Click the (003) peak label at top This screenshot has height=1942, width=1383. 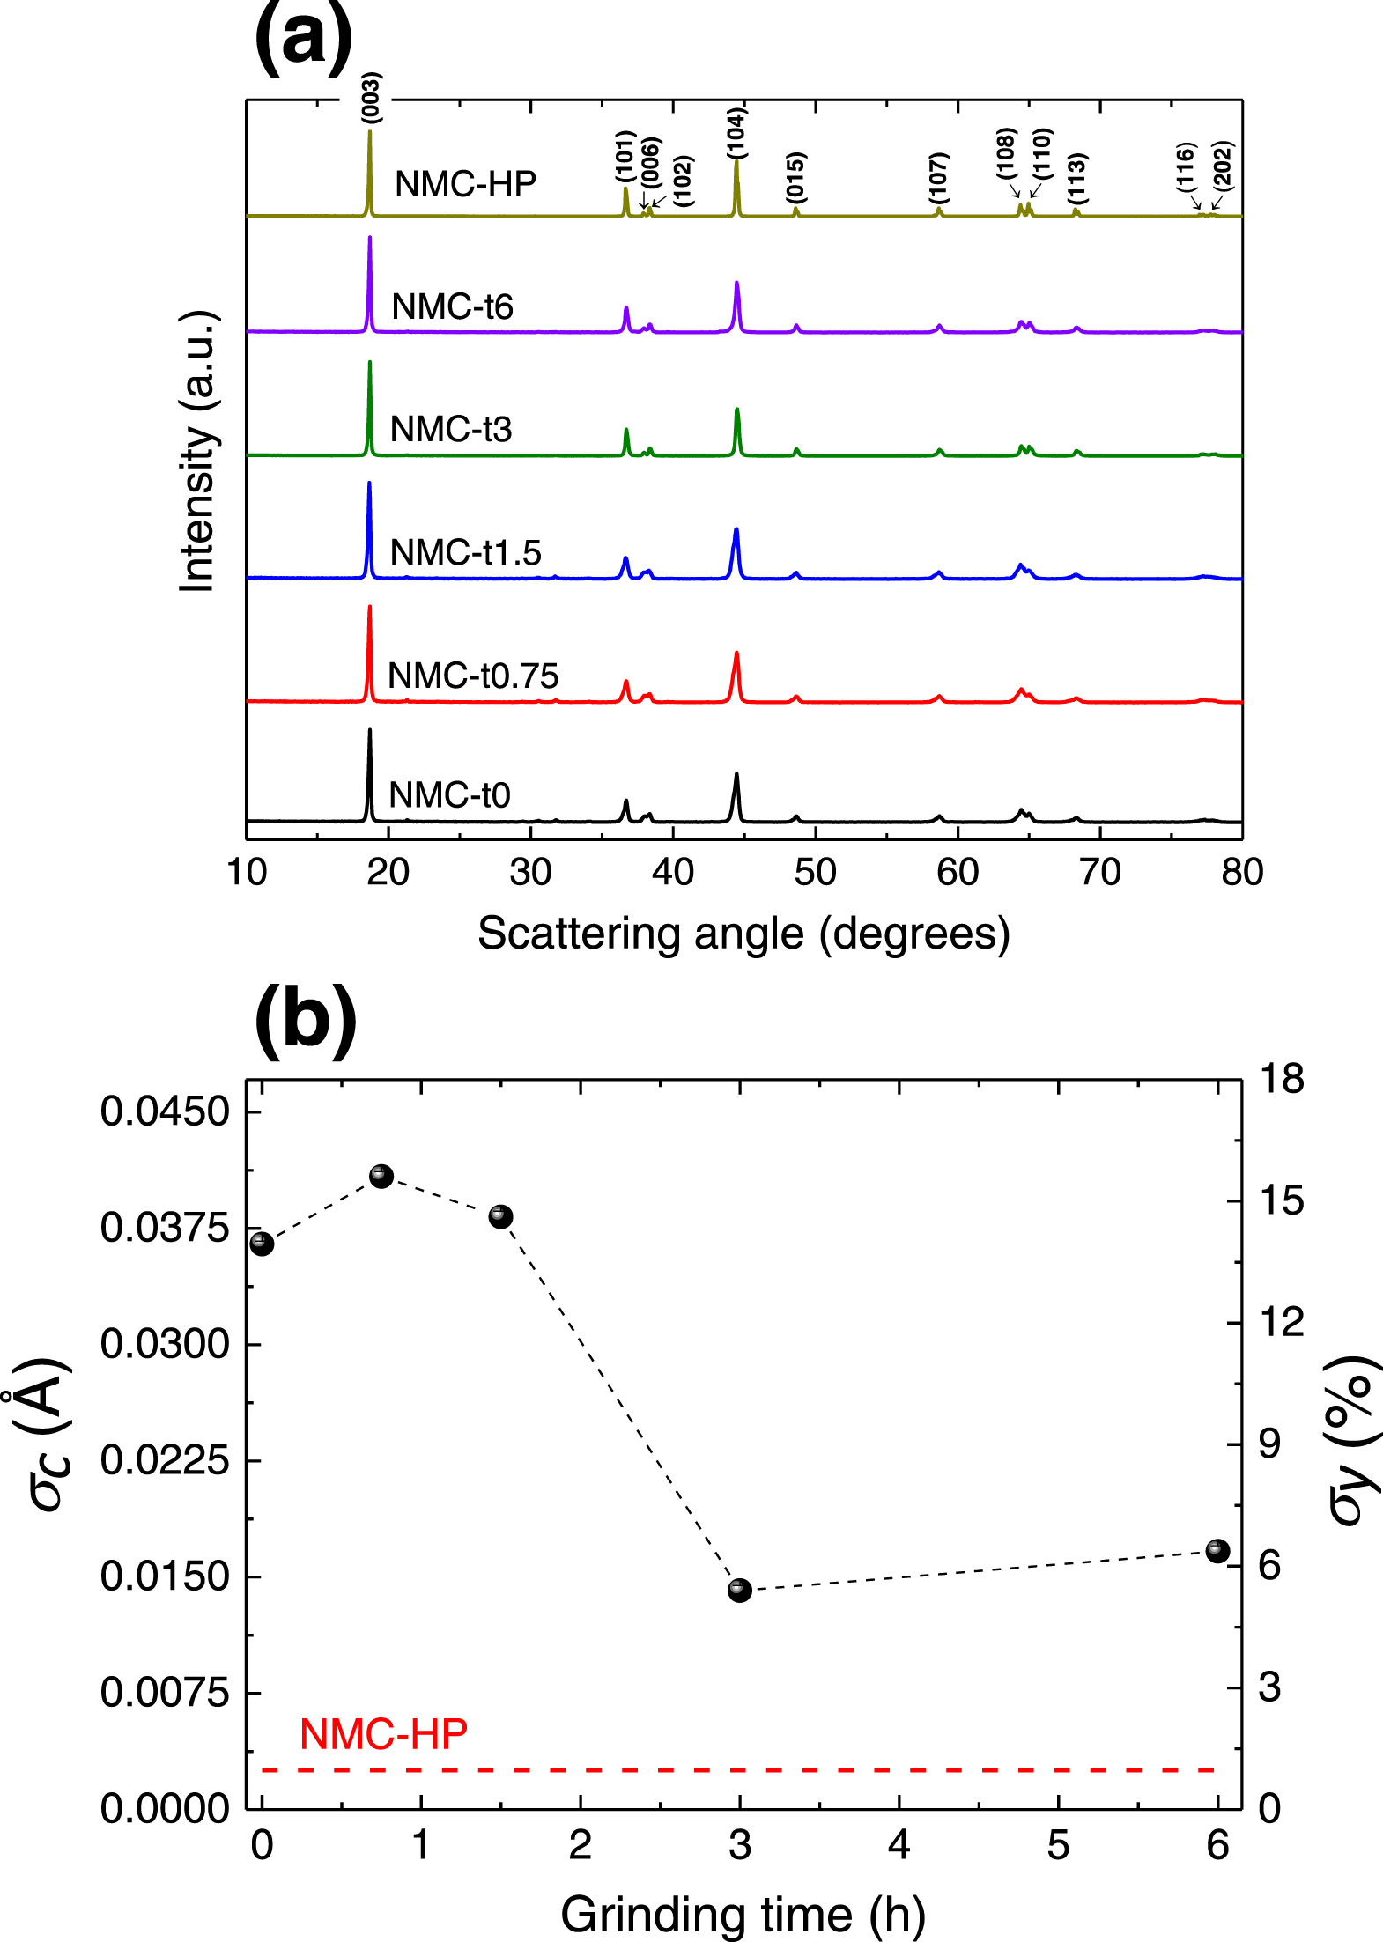point(371,97)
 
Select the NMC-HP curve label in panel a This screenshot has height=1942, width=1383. point(465,184)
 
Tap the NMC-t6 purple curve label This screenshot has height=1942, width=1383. point(452,306)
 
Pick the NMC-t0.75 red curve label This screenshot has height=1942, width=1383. point(473,676)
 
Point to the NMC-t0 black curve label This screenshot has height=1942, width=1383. point(449,795)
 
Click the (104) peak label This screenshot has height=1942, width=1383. point(736,133)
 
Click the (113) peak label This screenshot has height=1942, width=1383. point(1076,178)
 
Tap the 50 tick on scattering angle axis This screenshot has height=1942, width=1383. point(815,872)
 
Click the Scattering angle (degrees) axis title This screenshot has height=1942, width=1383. point(743,934)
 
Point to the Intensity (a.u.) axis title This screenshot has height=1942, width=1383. point(198,452)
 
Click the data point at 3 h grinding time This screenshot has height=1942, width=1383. point(740,1591)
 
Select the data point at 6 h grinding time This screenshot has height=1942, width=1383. point(1217,1551)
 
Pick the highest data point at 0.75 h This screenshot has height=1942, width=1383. point(381,1176)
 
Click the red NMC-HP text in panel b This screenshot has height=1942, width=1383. point(383,1734)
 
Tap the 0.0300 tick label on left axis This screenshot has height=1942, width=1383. point(165,1344)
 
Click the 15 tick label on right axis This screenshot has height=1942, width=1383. point(1281,1200)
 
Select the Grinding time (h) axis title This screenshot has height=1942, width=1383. point(743,1914)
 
